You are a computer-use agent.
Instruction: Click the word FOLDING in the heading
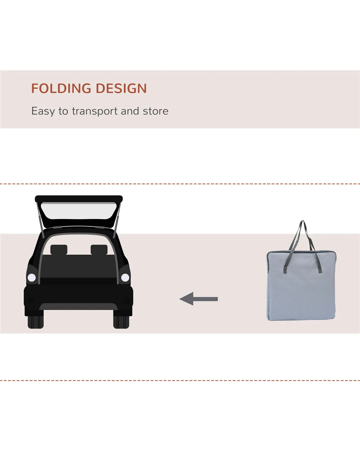coord(61,88)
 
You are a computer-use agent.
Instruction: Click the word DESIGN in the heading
coord(121,88)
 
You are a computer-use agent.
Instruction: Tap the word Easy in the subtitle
coord(43,111)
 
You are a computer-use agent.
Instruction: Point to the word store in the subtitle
coord(156,111)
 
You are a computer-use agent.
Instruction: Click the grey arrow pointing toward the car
coord(199,299)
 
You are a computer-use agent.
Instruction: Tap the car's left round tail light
coord(32,278)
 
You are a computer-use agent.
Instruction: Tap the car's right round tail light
coord(125,278)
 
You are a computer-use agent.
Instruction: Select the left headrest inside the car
coord(59,250)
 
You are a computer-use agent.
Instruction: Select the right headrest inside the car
coord(99,250)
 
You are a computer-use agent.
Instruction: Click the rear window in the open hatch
coord(79,211)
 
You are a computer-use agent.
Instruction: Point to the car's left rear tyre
coord(36,322)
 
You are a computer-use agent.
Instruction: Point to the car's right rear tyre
coord(121,322)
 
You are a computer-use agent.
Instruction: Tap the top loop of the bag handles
coord(302,222)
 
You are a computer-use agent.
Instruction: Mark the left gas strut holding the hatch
coord(40,220)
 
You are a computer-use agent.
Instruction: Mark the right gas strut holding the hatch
coord(117,220)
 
